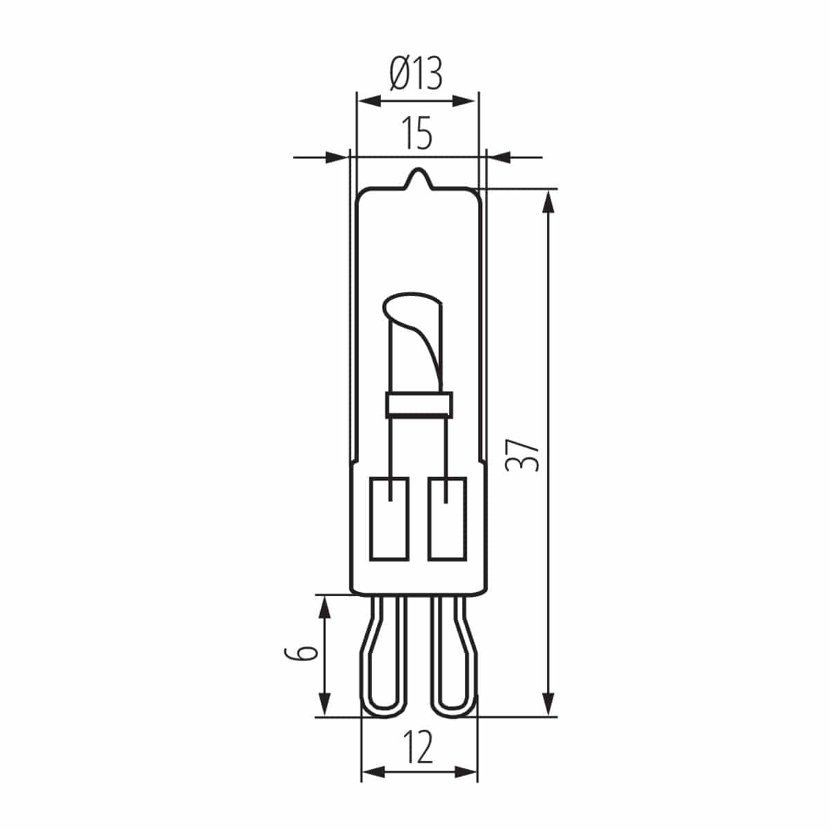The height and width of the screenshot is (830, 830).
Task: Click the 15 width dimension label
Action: point(417,133)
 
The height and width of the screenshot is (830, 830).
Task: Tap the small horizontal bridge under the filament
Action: point(418,403)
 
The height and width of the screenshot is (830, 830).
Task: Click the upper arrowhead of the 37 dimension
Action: point(548,202)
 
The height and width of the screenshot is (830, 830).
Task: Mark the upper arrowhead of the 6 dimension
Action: point(323,607)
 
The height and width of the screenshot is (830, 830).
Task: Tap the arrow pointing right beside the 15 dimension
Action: point(336,158)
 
